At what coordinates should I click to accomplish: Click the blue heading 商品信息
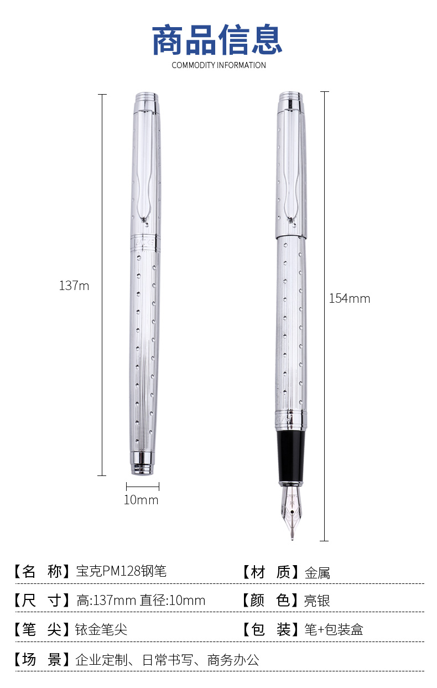click(217, 40)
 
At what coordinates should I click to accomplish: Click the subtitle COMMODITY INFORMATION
click(219, 65)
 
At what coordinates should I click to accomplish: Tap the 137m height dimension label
click(74, 286)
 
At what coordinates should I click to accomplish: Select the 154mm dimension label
click(350, 298)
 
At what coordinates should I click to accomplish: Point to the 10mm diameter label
click(141, 500)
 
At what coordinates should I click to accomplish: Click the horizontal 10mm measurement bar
click(143, 487)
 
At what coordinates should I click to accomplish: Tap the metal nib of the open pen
click(292, 511)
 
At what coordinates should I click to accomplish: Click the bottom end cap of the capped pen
click(143, 464)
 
